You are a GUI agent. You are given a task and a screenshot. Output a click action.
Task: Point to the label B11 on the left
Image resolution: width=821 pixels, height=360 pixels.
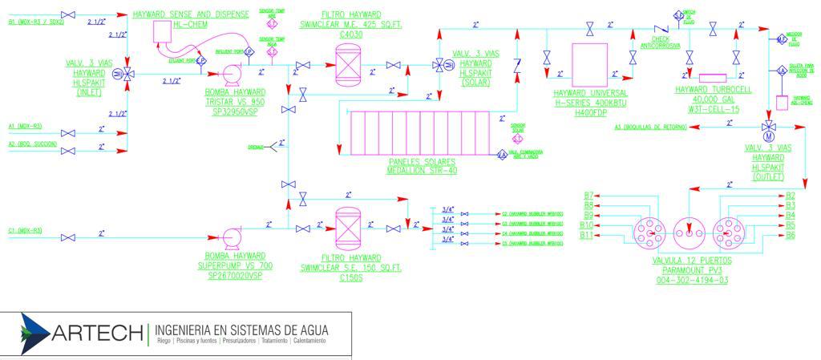(586, 236)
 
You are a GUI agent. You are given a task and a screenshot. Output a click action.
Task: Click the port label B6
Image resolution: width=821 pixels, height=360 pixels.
(791, 236)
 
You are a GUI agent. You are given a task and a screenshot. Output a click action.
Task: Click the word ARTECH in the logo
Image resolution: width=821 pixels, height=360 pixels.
(96, 332)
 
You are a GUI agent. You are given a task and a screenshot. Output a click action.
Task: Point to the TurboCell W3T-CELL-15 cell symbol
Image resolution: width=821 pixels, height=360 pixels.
(712, 78)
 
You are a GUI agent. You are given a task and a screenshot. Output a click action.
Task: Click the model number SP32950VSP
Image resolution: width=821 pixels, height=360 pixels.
(234, 114)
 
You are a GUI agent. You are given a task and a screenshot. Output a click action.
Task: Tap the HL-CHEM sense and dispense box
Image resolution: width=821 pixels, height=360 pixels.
(164, 31)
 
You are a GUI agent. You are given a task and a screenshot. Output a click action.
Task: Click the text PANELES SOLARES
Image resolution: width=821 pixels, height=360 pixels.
(421, 162)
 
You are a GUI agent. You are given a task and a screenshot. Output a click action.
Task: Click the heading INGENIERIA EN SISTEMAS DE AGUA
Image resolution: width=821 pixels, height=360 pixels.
(241, 330)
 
